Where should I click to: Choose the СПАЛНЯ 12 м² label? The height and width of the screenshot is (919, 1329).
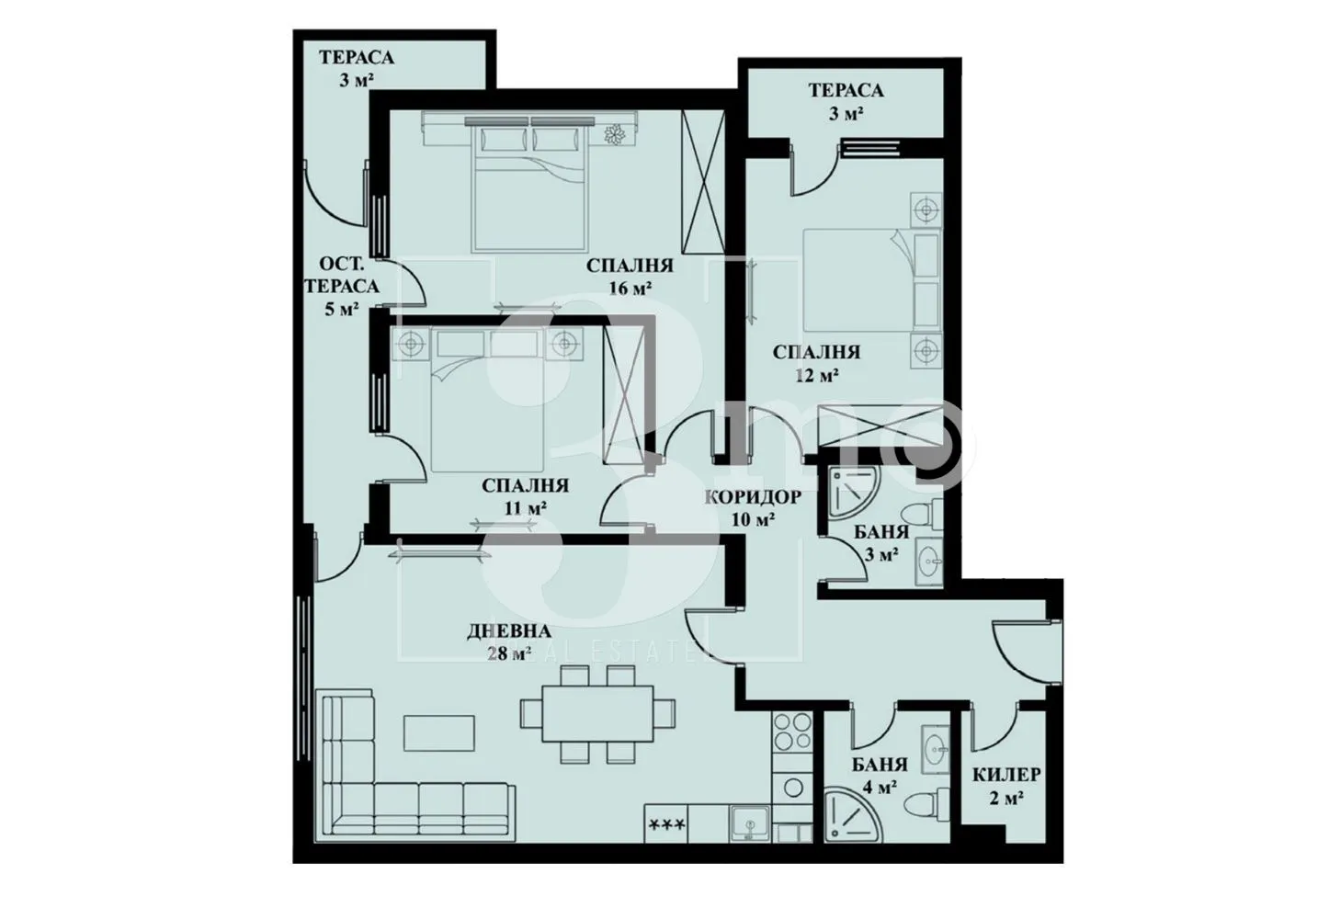click(x=816, y=362)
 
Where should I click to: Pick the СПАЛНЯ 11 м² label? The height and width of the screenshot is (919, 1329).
click(x=525, y=494)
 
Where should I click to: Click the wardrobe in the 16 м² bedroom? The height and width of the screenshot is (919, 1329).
click(x=705, y=182)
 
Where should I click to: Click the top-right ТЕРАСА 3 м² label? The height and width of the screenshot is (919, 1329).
click(x=846, y=101)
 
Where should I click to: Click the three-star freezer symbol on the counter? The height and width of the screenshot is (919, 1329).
click(x=667, y=823)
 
